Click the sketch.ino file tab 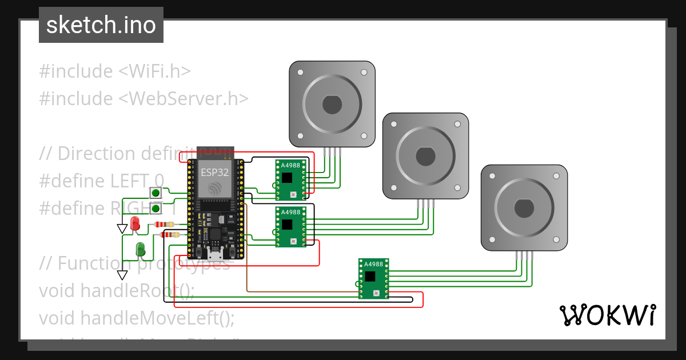tap(101, 25)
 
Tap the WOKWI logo tap(607, 315)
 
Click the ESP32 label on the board tap(214, 171)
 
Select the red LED tap(135, 224)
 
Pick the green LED tap(140, 249)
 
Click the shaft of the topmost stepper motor tap(332, 104)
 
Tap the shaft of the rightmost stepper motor tap(524, 207)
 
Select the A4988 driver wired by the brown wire tap(374, 278)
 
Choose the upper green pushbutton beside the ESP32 tap(155, 193)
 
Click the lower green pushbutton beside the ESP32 tap(155, 207)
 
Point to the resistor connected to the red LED tap(165, 225)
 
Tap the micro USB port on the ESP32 tap(215, 253)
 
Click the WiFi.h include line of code tap(114, 71)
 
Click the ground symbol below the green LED tap(122, 275)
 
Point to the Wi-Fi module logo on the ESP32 tap(214, 188)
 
